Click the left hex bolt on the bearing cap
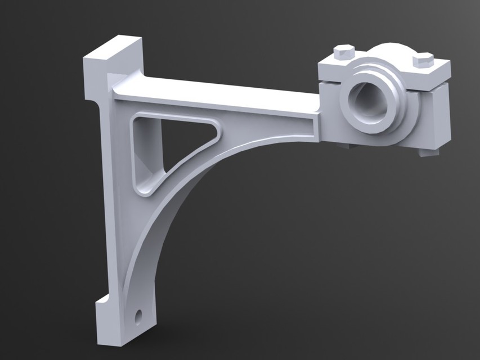point(344,52)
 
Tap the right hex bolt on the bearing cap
point(423,59)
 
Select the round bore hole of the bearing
point(369,101)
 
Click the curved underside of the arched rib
point(169,225)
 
